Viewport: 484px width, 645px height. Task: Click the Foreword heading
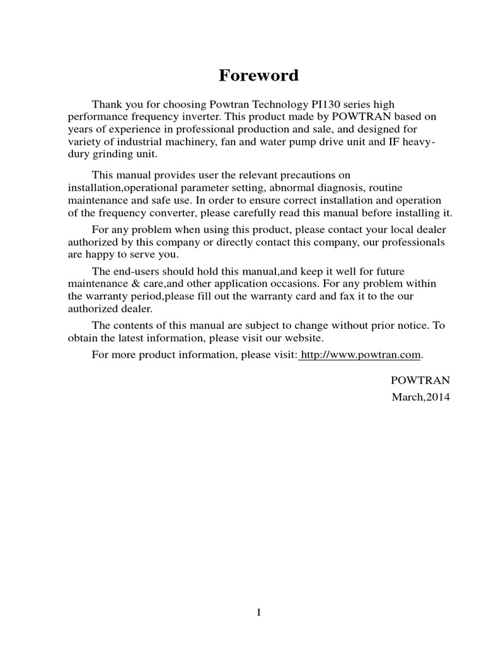click(x=258, y=76)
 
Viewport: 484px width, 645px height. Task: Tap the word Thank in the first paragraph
click(x=107, y=104)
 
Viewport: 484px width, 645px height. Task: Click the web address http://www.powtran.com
click(x=360, y=355)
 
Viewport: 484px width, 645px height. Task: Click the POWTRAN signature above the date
click(x=420, y=380)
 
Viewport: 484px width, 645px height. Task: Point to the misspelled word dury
click(x=79, y=154)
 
